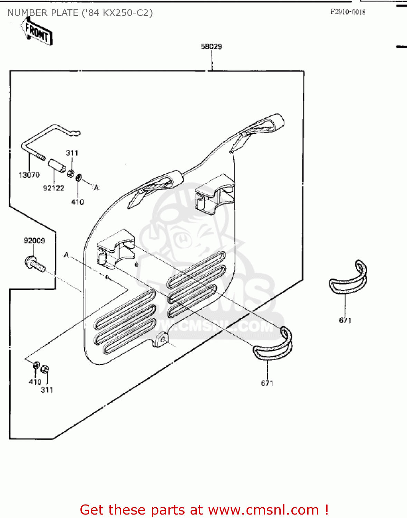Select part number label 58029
point(211,47)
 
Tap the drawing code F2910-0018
point(348,12)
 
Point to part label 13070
point(29,175)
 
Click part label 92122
point(54,188)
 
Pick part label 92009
point(34,241)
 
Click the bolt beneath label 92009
point(35,264)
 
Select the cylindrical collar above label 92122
point(57,166)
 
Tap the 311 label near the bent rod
point(72,153)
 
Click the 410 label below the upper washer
point(77,202)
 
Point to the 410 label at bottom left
point(35,382)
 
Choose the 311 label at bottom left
point(47,390)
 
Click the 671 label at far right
point(345,320)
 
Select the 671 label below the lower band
point(267,383)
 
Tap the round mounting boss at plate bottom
point(161,339)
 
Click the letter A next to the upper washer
point(97,188)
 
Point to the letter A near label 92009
point(66,255)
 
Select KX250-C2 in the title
point(127,13)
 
